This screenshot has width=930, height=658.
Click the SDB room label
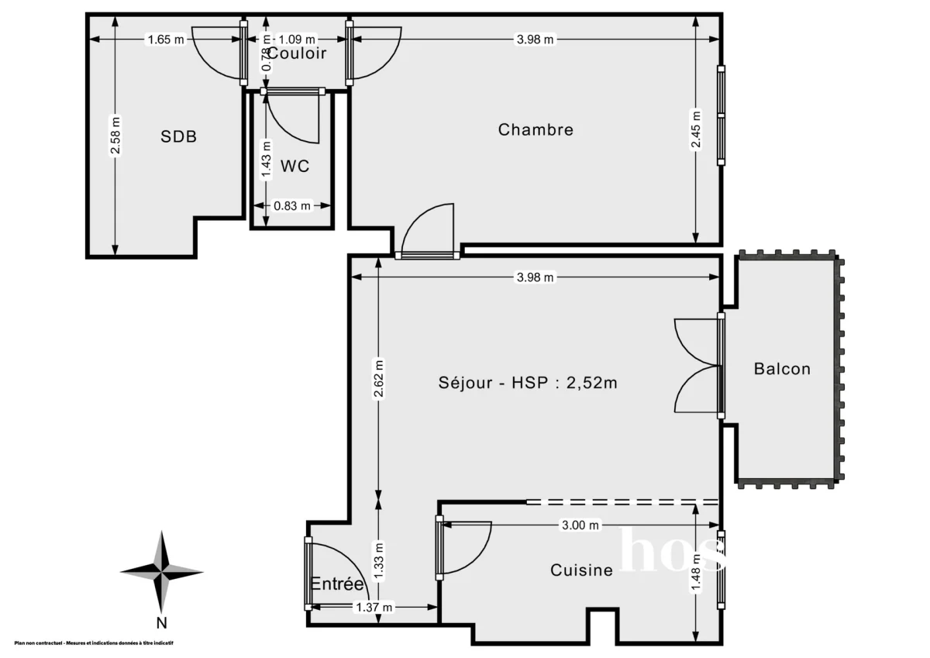point(178,137)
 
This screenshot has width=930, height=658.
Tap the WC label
point(294,166)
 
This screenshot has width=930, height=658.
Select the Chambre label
point(536,129)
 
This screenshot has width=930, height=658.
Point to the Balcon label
point(782,369)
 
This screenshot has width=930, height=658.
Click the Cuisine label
point(581,570)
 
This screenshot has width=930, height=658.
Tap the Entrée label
point(337,584)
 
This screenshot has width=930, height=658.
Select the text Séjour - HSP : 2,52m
point(528,382)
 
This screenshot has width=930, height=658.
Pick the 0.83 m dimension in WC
point(292,205)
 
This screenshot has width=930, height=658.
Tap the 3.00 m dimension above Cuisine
point(580,525)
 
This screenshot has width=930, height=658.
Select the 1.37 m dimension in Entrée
point(373,608)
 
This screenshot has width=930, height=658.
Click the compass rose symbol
point(161,572)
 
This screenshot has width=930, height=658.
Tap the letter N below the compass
point(161,622)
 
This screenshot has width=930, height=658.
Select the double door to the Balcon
point(697,367)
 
